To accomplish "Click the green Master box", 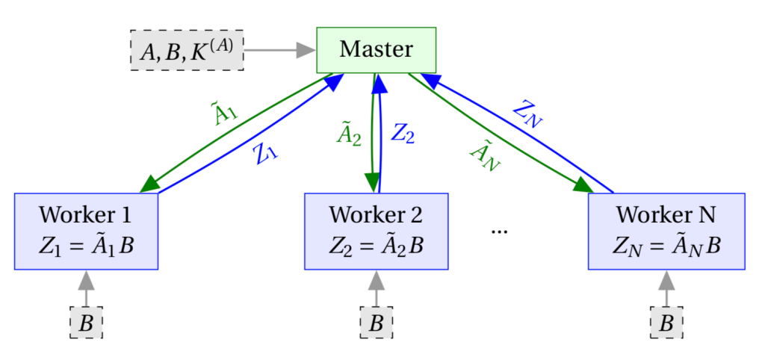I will pyautogui.click(x=376, y=50).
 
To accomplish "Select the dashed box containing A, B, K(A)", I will pyautogui.click(x=187, y=51).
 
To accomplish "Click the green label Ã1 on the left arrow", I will pyautogui.click(x=223, y=112).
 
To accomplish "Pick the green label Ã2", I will pyautogui.click(x=349, y=135).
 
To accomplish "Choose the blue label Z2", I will pyautogui.click(x=403, y=134).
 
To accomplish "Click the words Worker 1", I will pyautogui.click(x=85, y=215).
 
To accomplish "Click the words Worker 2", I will pyautogui.click(x=376, y=215).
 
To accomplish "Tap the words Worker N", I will pyautogui.click(x=666, y=215).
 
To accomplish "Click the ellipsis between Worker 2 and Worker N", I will pyautogui.click(x=499, y=231).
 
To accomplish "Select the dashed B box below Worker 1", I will pyautogui.click(x=86, y=323).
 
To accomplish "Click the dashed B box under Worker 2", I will pyautogui.click(x=376, y=323).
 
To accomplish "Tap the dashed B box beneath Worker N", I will pyautogui.click(x=666, y=323).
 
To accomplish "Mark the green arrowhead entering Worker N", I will pyautogui.click(x=583, y=186).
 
